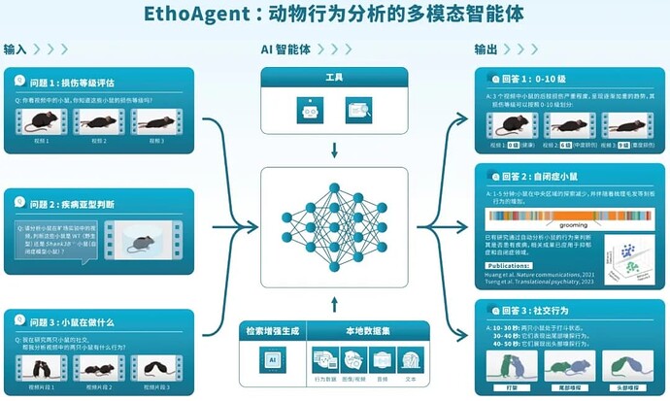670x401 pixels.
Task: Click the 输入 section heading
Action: point(16,49)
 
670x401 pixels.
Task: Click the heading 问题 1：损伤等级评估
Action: point(73,84)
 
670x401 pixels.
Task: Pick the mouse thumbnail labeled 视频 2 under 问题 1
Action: point(98,121)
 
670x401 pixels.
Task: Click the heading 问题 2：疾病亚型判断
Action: point(74,205)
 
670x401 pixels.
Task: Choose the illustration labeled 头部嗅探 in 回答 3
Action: point(625,367)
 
